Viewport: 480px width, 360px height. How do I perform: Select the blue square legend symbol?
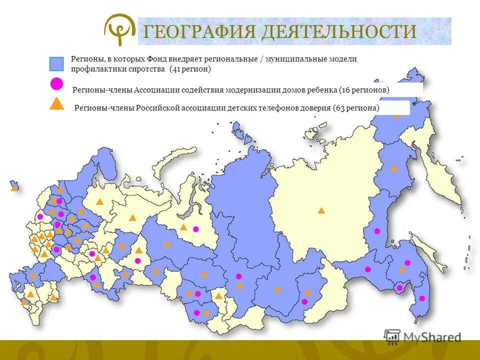click(x=56, y=64)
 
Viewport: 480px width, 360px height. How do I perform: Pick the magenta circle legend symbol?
click(x=56, y=83)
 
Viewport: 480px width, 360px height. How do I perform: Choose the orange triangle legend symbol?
click(x=57, y=103)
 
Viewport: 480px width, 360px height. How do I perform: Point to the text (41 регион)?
click(x=190, y=69)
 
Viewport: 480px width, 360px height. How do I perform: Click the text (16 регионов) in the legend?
click(x=364, y=90)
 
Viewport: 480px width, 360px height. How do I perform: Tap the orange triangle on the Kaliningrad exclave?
click(x=14, y=187)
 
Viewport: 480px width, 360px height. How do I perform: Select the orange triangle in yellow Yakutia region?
click(x=321, y=210)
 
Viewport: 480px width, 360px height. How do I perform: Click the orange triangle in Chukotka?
click(x=396, y=115)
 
